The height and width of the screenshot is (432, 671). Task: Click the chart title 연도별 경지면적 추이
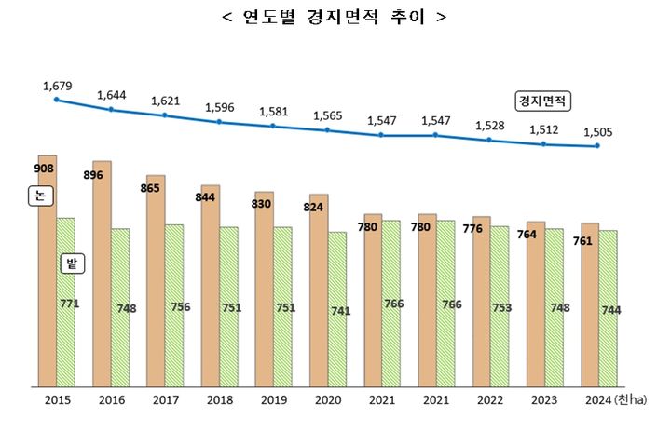point(335,18)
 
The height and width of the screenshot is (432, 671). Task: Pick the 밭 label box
point(71,263)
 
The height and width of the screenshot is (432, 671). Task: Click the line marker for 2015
point(57,99)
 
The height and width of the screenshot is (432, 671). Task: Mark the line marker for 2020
point(327,130)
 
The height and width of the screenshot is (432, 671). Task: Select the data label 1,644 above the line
point(113,94)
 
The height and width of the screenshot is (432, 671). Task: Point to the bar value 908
point(44,169)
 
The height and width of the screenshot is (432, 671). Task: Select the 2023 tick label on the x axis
point(543,401)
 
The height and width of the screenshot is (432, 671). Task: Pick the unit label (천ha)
point(630,401)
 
